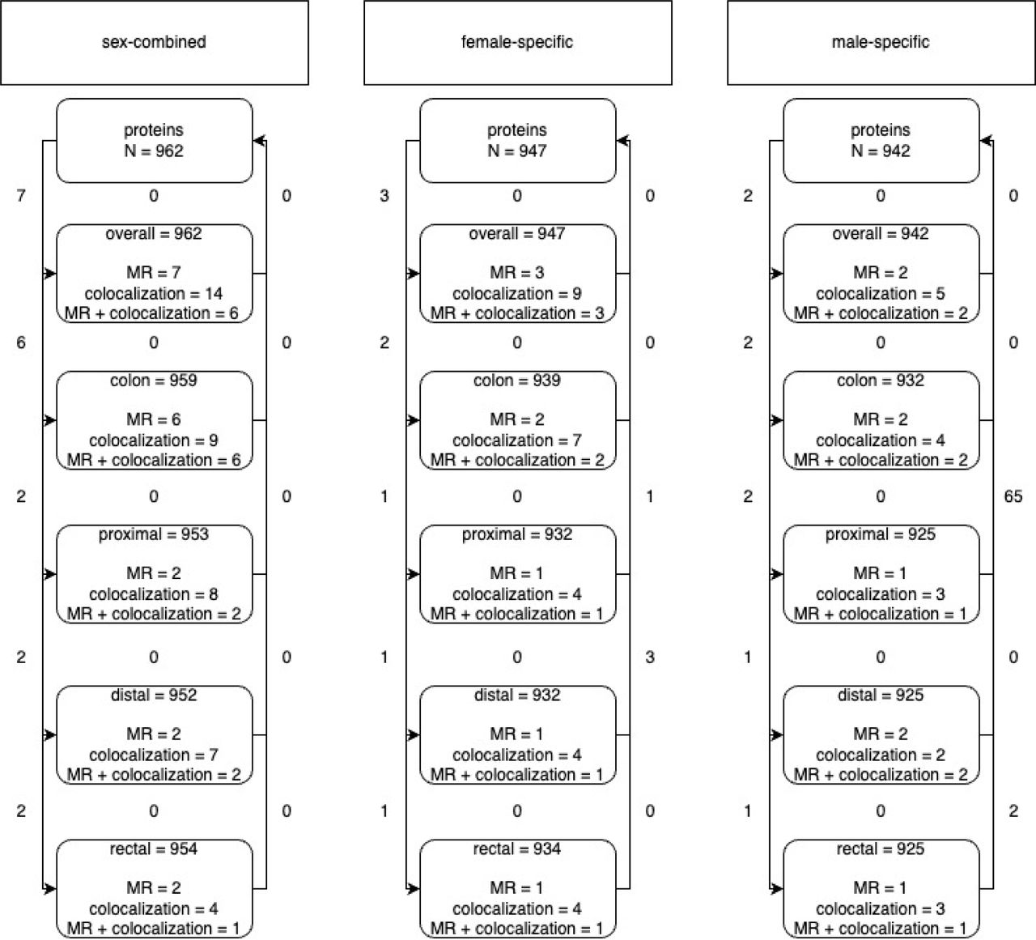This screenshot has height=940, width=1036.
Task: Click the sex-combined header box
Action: pyautogui.click(x=155, y=42)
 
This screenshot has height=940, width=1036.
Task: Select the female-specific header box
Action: pyautogui.click(x=518, y=42)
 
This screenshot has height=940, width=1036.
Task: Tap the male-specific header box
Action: pyautogui.click(x=881, y=42)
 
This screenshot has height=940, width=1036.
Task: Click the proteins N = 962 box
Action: pyautogui.click(x=155, y=141)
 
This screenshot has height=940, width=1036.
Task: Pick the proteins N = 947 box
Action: pyautogui.click(x=518, y=141)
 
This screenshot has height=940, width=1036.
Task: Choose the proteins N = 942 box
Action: pyautogui.click(x=881, y=141)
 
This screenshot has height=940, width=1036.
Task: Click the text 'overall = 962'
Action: pyautogui.click(x=154, y=233)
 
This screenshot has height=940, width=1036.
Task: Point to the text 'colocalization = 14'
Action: pyautogui.click(x=154, y=294)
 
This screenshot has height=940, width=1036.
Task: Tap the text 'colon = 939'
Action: pyautogui.click(x=517, y=381)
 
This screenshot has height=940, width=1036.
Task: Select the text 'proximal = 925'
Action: pyautogui.click(x=881, y=534)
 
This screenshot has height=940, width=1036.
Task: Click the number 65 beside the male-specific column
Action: pyautogui.click(x=1013, y=496)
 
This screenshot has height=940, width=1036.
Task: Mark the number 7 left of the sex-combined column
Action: pyautogui.click(x=21, y=195)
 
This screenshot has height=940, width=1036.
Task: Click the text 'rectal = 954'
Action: pyautogui.click(x=154, y=849)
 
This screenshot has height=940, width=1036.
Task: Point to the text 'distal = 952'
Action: pyautogui.click(x=154, y=695)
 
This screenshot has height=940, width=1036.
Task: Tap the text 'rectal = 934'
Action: pyautogui.click(x=517, y=849)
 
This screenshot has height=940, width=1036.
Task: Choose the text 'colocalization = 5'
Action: pyautogui.click(x=881, y=294)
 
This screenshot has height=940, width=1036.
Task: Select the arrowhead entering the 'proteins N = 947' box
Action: pyautogui.click(x=622, y=140)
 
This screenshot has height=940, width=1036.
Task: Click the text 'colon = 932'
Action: pyautogui.click(x=881, y=381)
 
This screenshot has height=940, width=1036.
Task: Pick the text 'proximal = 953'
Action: pyautogui.click(x=154, y=534)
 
